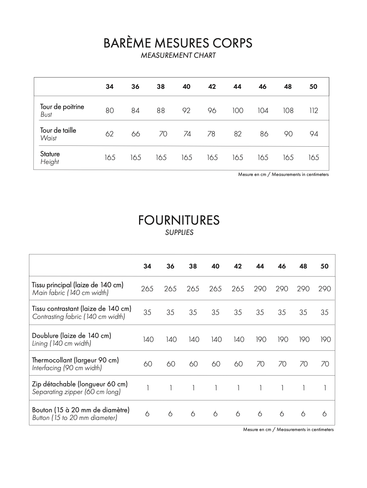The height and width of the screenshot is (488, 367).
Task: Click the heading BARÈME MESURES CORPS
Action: (178, 43)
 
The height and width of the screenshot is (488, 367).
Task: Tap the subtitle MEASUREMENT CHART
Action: (178, 56)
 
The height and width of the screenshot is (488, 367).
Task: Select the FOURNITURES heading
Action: (179, 220)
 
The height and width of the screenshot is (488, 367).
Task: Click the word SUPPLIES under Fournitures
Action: (179, 233)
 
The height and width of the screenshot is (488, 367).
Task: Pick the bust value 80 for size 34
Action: (110, 110)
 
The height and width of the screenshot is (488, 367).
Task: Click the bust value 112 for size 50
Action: (314, 110)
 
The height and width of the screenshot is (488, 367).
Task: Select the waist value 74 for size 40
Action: (187, 134)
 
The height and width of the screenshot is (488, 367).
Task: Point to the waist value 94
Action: (314, 134)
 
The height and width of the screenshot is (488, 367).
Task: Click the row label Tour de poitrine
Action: (62, 107)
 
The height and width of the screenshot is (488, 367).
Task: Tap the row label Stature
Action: (50, 154)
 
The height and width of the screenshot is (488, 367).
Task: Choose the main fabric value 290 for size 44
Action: (260, 289)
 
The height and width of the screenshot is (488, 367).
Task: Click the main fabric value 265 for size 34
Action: (147, 289)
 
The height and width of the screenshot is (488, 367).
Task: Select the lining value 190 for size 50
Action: (325, 339)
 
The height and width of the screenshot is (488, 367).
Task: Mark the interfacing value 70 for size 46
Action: (282, 364)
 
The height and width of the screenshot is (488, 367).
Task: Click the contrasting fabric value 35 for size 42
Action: (238, 312)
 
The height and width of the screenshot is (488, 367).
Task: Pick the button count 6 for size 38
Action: (193, 414)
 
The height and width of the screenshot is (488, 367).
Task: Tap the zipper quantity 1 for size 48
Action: (304, 388)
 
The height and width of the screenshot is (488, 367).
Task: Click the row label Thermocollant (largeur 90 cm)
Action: (75, 360)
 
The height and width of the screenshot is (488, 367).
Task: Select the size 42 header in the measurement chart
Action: (212, 87)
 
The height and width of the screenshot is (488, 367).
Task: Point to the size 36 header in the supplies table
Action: (170, 266)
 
